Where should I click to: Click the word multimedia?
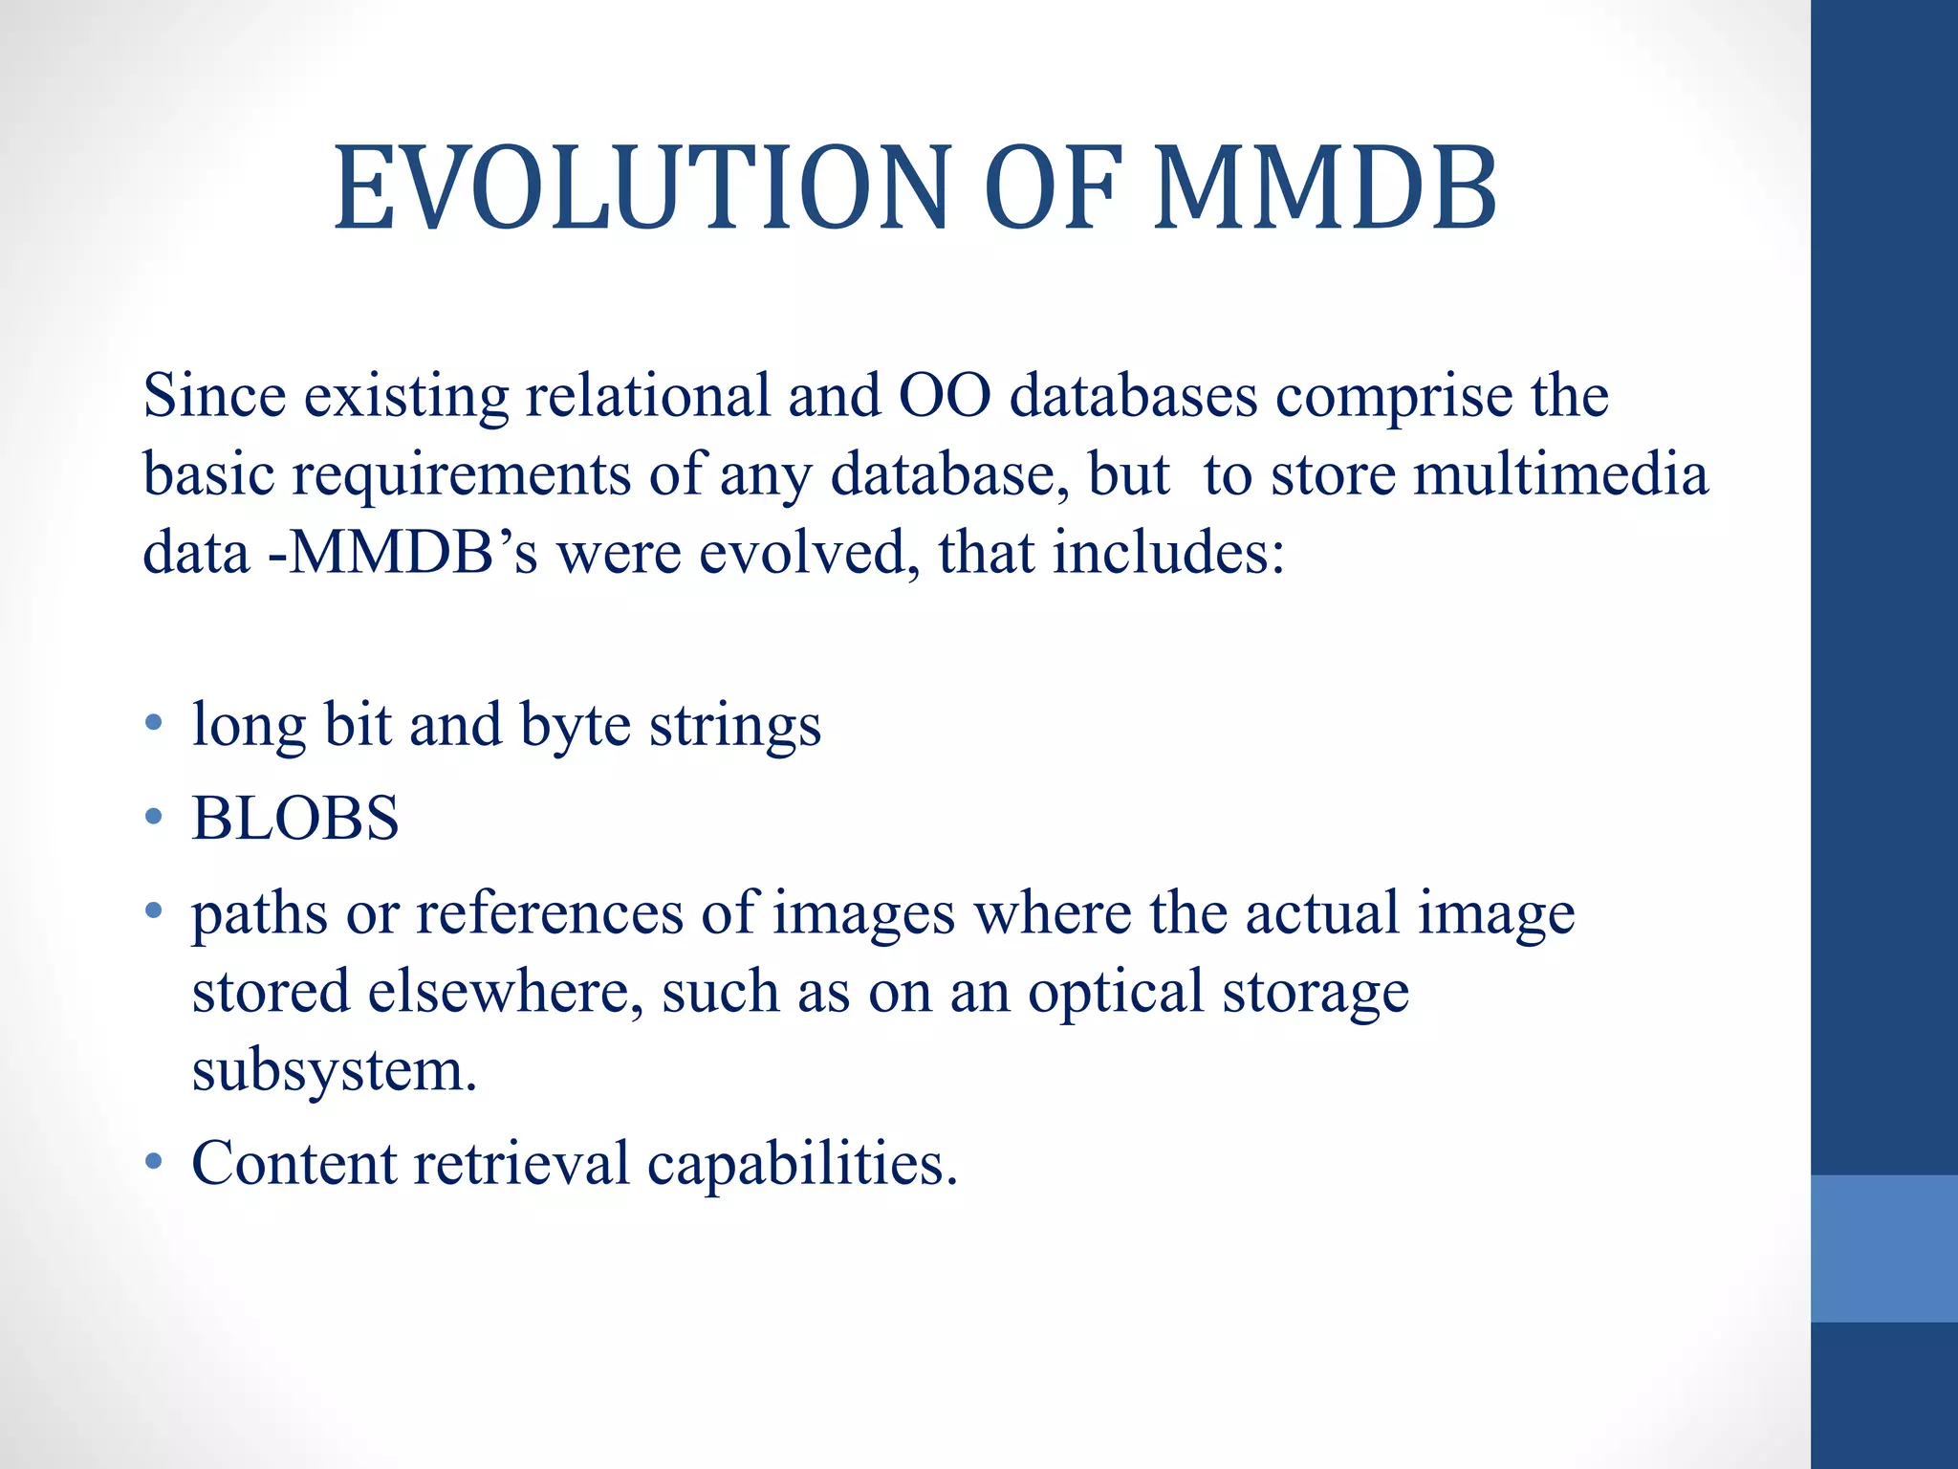(x=1560, y=474)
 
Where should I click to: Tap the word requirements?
(x=461, y=476)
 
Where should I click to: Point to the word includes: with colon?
(x=1168, y=553)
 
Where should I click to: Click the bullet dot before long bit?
(x=153, y=724)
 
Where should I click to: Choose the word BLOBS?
(x=295, y=819)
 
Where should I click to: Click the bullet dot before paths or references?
(x=153, y=911)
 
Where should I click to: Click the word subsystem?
(x=334, y=1071)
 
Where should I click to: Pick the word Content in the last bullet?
(x=294, y=1163)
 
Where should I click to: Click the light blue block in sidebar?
(x=1883, y=1248)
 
